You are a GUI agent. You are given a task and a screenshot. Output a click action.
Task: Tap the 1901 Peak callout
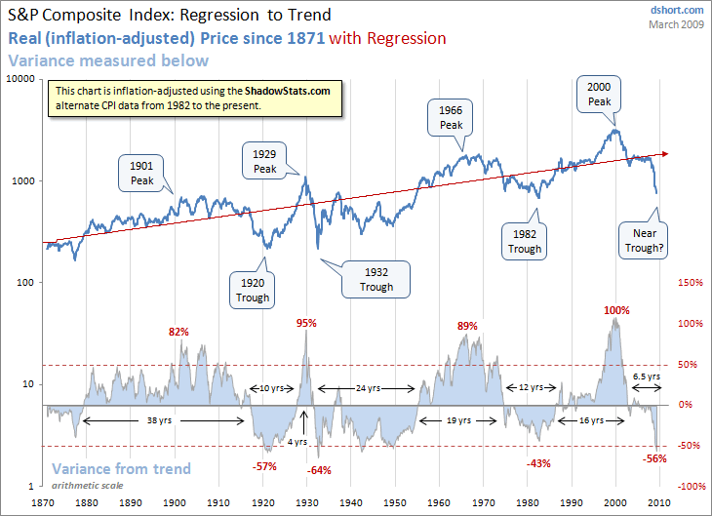tap(140, 171)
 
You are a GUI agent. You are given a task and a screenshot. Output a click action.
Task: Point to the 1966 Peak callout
tap(451, 118)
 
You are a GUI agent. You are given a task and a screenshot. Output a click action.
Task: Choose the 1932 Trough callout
tap(376, 279)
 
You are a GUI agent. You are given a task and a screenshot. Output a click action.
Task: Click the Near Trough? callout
tap(643, 241)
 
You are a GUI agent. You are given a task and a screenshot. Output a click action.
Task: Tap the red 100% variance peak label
tap(616, 310)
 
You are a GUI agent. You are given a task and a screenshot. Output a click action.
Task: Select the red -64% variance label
tap(319, 470)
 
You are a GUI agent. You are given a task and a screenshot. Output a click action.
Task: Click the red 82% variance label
tap(178, 332)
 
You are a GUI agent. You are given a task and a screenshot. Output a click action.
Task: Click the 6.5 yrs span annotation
tap(647, 376)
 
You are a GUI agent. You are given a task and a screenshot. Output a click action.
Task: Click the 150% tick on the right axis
tap(690, 283)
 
